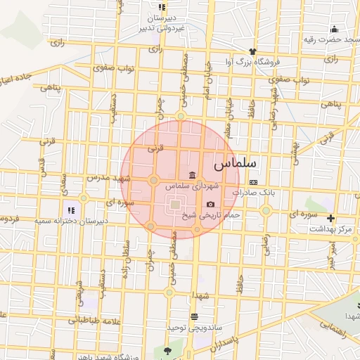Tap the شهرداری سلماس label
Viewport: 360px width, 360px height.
[193, 186]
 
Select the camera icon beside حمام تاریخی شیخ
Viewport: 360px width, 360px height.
[210, 204]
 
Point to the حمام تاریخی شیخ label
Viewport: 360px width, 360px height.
[220, 214]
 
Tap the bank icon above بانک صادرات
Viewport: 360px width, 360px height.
[253, 182]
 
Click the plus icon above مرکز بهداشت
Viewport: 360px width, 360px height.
[330, 219]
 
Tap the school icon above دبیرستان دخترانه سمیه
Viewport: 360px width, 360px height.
[70, 210]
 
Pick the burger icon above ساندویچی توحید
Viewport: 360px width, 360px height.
[194, 316]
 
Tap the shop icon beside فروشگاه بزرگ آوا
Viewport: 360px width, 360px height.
[252, 51]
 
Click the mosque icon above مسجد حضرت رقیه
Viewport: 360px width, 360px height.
[334, 29]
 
